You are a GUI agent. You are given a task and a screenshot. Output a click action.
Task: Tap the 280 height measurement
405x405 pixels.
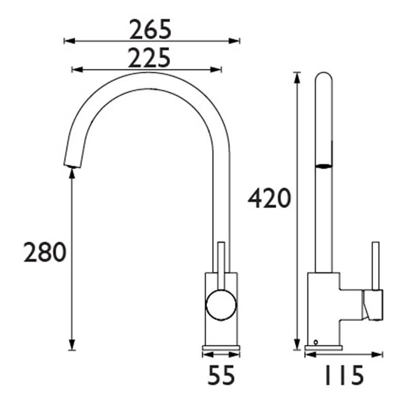pos(45,252)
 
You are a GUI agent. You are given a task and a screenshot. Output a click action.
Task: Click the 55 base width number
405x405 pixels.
pos(221,375)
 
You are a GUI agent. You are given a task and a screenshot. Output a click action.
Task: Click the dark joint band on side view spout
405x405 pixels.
pos(323,165)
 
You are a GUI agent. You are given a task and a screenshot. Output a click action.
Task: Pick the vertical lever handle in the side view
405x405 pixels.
pos(376,266)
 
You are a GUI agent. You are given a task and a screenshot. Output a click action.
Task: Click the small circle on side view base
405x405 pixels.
pos(316,342)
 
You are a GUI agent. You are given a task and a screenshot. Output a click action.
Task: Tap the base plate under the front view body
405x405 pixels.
pos(221,348)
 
